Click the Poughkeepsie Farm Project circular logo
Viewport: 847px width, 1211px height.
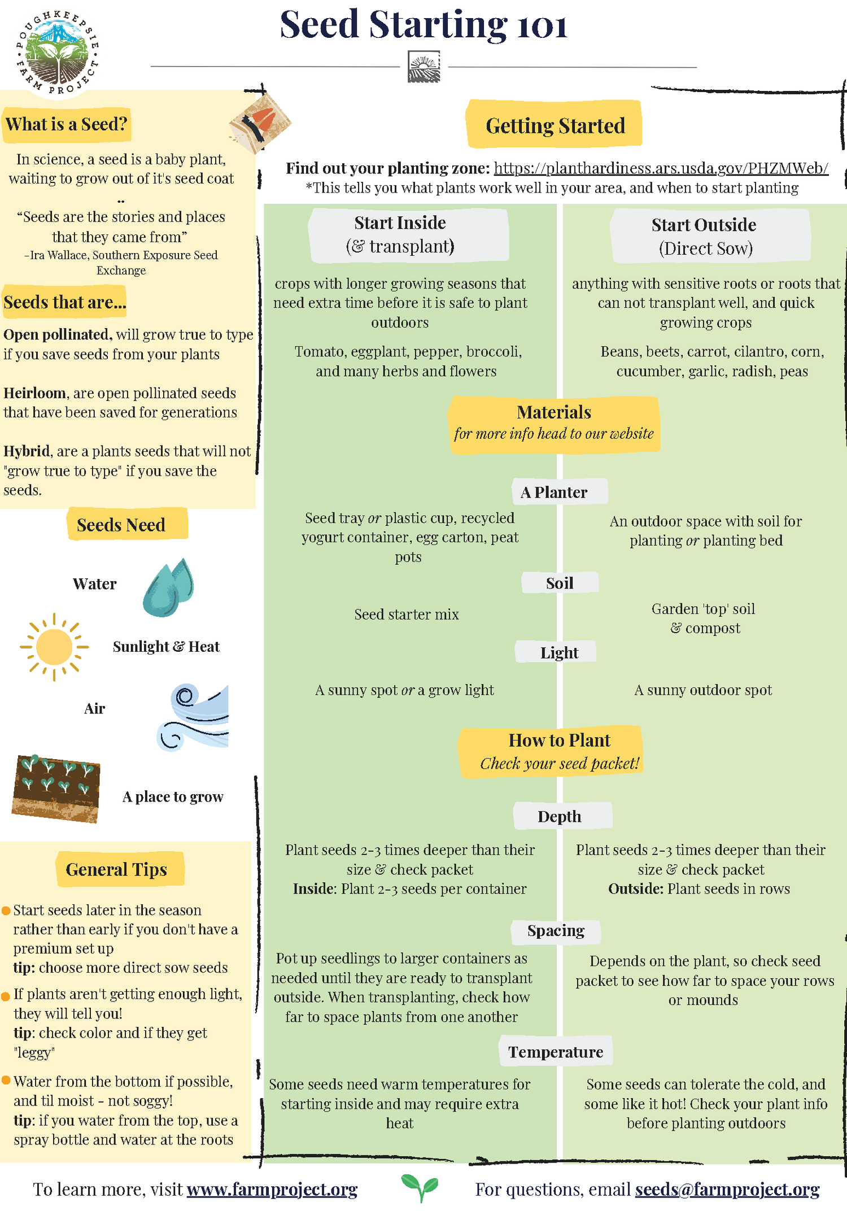pyautogui.click(x=57, y=55)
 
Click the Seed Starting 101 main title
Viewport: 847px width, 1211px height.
pyautogui.click(x=423, y=25)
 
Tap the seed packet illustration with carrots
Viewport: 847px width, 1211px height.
pyautogui.click(x=260, y=123)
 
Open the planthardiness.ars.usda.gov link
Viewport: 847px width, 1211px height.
pyautogui.click(x=661, y=168)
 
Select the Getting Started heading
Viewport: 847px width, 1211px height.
pyautogui.click(x=555, y=125)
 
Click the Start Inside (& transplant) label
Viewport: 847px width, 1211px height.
pyautogui.click(x=400, y=234)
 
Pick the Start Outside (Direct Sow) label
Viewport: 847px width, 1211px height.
pyautogui.click(x=704, y=236)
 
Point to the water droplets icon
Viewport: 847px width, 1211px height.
pyautogui.click(x=168, y=587)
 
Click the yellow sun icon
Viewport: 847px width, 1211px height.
pyautogui.click(x=54, y=647)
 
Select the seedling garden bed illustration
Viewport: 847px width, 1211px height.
pyautogui.click(x=56, y=788)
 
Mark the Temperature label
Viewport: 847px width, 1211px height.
pyautogui.click(x=555, y=1052)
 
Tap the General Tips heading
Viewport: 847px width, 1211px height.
pyautogui.click(x=116, y=869)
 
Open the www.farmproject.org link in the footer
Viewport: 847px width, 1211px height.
pyautogui.click(x=272, y=1189)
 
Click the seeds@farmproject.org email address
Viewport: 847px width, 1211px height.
pyautogui.click(x=727, y=1189)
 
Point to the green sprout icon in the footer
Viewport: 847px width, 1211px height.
pyautogui.click(x=420, y=1187)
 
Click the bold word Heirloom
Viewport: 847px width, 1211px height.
pyautogui.click(x=35, y=393)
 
